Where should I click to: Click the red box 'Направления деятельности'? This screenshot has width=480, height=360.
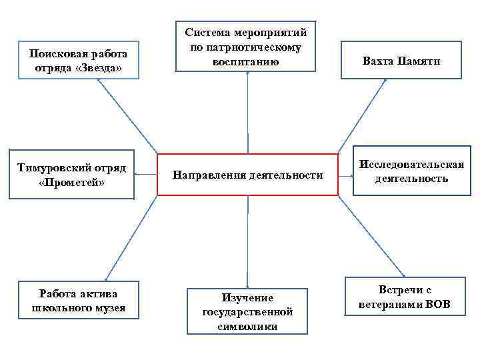tap(247, 175)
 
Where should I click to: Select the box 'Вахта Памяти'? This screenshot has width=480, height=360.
tap(401, 61)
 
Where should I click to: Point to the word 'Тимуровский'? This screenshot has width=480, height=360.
tap(51, 168)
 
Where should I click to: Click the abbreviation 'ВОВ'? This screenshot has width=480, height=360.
tap(437, 305)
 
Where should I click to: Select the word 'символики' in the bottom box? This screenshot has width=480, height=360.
tap(247, 326)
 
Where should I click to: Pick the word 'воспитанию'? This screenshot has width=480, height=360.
tap(247, 61)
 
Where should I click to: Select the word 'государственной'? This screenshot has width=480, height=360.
tap(247, 311)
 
